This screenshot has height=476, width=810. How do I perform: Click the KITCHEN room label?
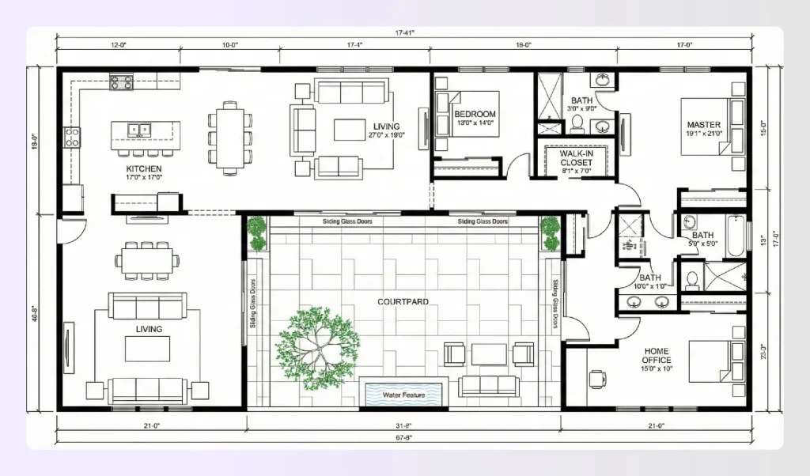(x=144, y=169)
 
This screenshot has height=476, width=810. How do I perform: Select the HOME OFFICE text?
(x=657, y=356)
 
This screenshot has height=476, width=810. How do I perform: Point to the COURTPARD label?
(x=403, y=301)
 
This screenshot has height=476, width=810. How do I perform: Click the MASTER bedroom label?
(x=702, y=125)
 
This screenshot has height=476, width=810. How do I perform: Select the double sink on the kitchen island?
(x=140, y=128)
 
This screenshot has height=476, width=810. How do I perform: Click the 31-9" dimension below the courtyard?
(x=403, y=426)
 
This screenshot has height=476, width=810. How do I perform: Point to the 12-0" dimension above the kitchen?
(x=119, y=46)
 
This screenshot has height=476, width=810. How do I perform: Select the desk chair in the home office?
(x=596, y=378)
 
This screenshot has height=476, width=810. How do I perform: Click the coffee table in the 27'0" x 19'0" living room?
(x=350, y=129)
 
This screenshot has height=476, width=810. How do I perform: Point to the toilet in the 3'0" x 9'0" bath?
(x=577, y=123)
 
